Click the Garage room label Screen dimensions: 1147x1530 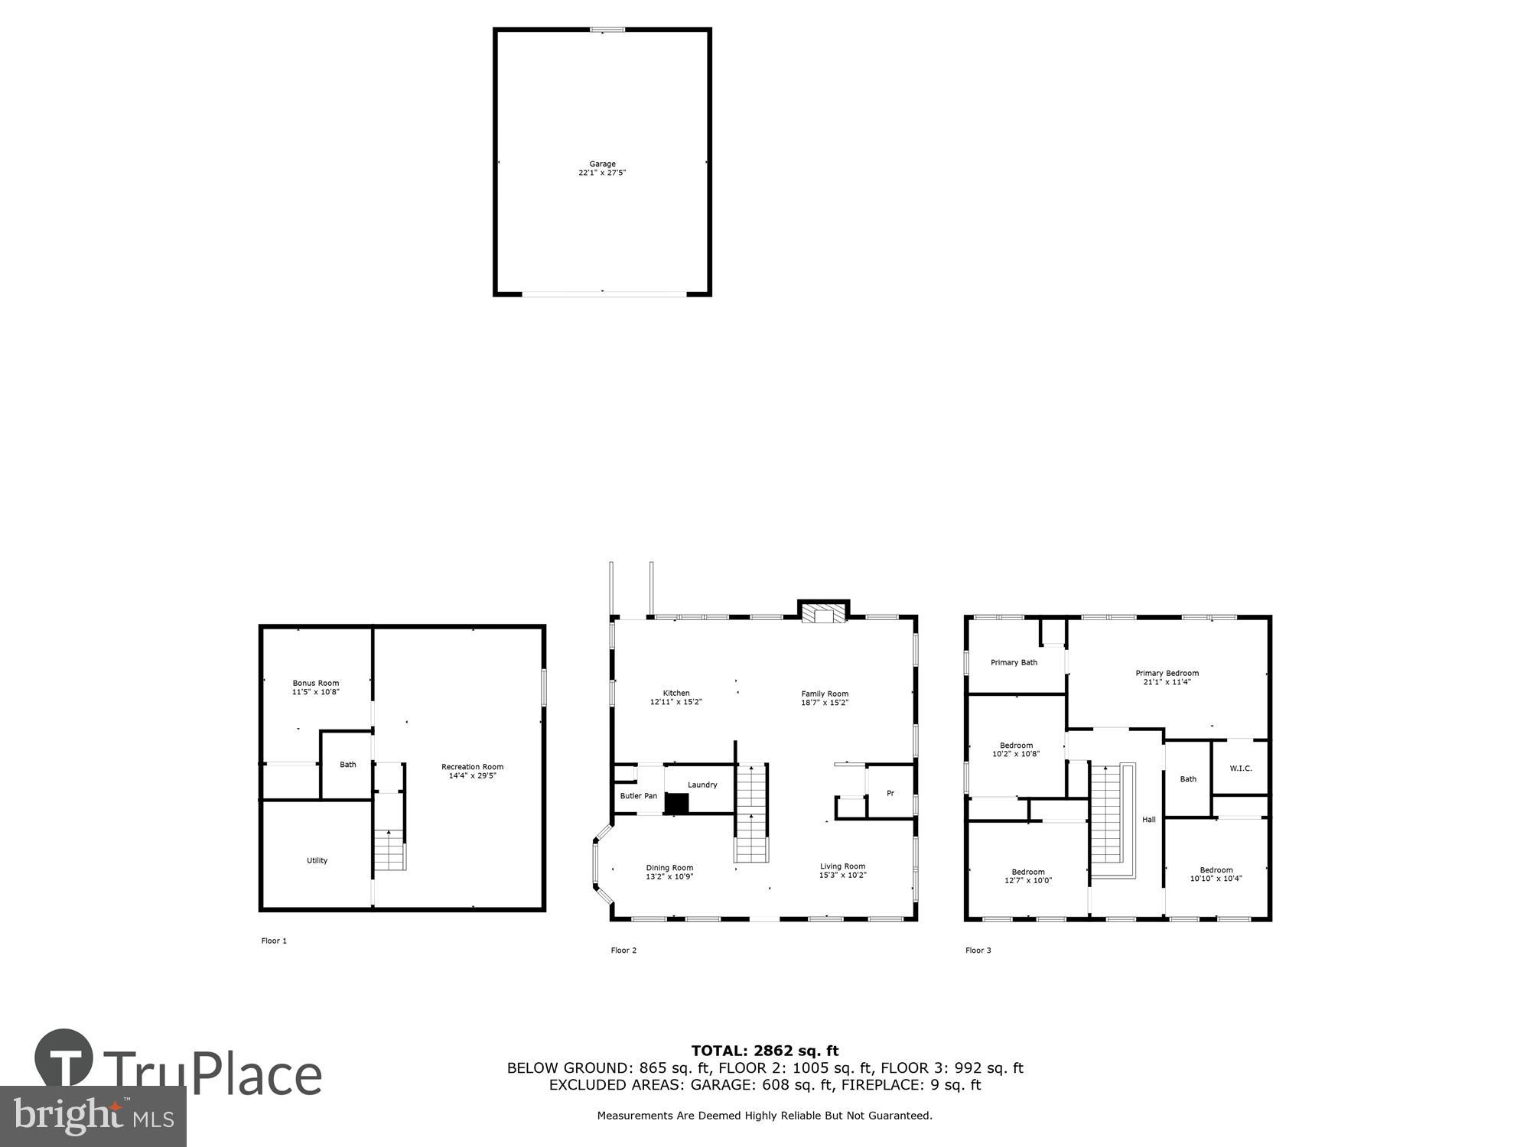pos(602,164)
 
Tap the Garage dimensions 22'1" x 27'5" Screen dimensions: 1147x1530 pos(602,173)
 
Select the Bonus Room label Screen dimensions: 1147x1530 pos(315,683)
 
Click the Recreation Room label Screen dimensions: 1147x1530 pos(472,766)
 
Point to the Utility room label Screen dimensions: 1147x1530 pos(317,860)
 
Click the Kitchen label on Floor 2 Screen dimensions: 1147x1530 pos(675,693)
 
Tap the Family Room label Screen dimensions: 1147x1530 pos(825,694)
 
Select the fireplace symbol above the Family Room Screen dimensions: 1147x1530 pos(824,614)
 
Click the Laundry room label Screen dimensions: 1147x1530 pos(702,785)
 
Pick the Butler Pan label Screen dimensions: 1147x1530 pos(638,796)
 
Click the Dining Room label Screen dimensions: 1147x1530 pos(669,867)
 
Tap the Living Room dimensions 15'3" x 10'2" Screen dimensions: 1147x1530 pos(842,876)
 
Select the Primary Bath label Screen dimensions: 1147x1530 pos(1014,662)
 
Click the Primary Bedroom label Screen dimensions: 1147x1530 pos(1167,673)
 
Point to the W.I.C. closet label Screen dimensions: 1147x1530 pos(1241,768)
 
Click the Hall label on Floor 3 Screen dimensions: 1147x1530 pos(1149,820)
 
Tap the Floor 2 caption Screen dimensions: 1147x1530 pos(623,950)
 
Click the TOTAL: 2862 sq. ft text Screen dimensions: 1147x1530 pos(765,1051)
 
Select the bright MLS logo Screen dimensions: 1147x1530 pos(93,1116)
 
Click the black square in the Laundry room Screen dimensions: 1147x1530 pos(676,803)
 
